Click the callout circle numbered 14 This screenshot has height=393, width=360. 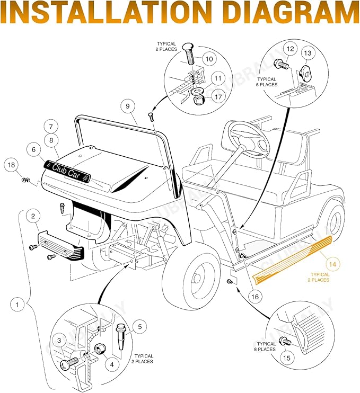point(332,264)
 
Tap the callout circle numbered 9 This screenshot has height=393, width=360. point(128,106)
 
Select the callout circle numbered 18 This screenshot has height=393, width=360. point(11,165)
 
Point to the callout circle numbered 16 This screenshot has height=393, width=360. point(255,297)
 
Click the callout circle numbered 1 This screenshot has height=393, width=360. point(17,305)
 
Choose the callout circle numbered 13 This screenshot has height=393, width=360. point(308,53)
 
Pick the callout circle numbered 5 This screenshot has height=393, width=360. point(140,327)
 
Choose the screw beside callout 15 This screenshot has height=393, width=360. point(286,341)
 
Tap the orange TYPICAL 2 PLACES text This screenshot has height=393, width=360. point(319,277)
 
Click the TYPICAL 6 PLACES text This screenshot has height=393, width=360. point(267,82)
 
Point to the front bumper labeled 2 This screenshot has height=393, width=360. point(61,246)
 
